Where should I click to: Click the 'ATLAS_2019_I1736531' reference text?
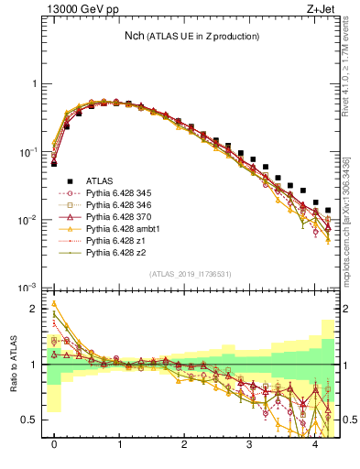point(190,274)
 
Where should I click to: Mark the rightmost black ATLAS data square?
point(328,211)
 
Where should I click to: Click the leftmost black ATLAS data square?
point(54,164)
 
